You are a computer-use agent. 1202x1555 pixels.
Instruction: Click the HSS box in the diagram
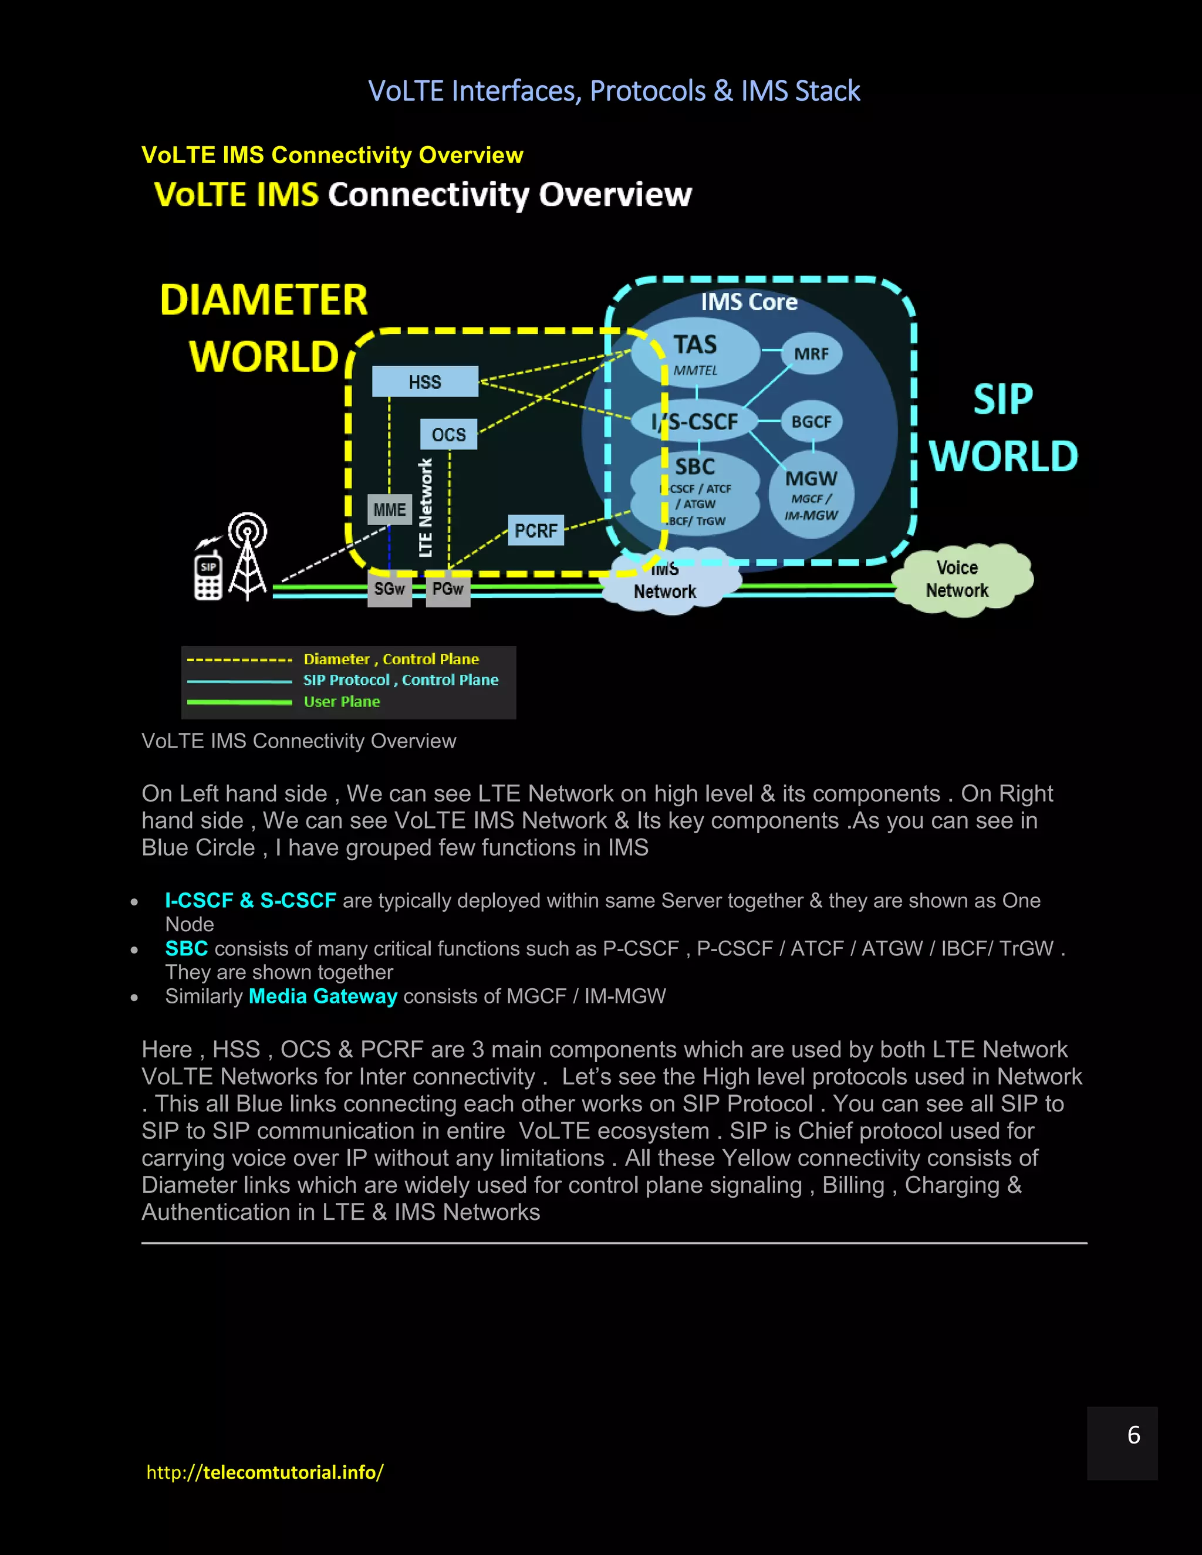[425, 381]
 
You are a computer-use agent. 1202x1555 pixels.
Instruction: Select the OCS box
[448, 434]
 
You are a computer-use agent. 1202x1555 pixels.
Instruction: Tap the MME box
[390, 510]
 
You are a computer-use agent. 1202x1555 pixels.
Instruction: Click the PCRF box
[535, 530]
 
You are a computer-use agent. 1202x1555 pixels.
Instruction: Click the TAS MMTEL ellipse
[695, 353]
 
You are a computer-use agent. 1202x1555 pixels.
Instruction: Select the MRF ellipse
[811, 354]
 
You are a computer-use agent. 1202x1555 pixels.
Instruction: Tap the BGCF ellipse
[811, 421]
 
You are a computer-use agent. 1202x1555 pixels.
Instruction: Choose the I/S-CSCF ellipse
[695, 421]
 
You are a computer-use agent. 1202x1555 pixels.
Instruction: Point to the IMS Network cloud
[666, 583]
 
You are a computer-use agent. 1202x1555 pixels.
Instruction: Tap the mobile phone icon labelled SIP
[208, 575]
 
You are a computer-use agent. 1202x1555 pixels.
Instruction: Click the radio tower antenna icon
[247, 555]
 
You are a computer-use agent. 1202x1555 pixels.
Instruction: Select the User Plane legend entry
[341, 702]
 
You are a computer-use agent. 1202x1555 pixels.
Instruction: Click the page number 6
[1134, 1435]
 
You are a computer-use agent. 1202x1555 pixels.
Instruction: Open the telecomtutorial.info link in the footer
[265, 1472]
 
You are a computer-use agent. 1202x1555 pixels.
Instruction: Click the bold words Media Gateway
[323, 996]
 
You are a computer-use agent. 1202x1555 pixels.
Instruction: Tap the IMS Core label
[748, 302]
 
